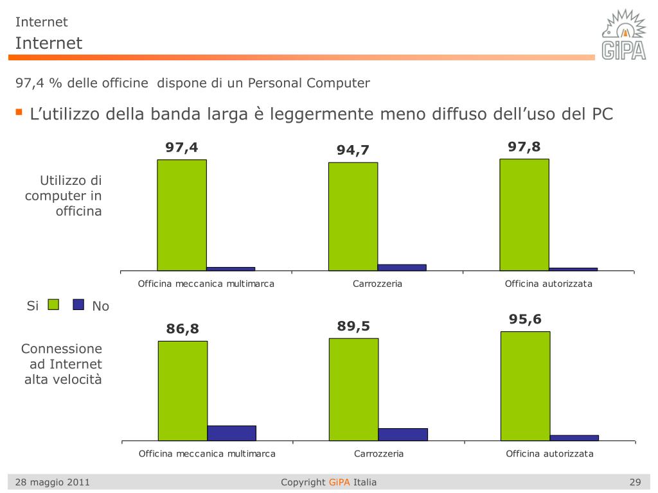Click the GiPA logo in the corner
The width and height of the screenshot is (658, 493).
coord(623,35)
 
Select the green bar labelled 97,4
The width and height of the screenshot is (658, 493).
coord(182,215)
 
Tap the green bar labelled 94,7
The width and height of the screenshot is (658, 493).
coord(353,216)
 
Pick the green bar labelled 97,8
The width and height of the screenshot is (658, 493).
coord(524,214)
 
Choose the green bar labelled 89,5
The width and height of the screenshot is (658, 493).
coord(353,389)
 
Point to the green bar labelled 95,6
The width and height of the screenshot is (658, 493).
coord(525,386)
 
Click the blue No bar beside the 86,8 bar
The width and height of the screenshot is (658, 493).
coord(231,433)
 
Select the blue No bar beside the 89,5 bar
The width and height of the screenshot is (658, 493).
coord(403,434)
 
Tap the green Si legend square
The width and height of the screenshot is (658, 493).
coord(53,305)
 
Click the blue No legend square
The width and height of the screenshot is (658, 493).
coord(78,305)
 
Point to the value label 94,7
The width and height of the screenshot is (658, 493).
coord(353,150)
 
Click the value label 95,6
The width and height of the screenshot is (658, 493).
coord(525,319)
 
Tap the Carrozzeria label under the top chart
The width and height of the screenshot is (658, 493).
coord(377,284)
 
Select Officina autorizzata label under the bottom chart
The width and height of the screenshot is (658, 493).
coord(549,454)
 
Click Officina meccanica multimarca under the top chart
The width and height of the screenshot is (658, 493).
coord(206,284)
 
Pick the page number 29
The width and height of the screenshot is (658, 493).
coord(635,482)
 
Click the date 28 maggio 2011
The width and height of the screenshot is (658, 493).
coord(53,482)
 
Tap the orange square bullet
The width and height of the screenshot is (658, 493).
coord(19,113)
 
